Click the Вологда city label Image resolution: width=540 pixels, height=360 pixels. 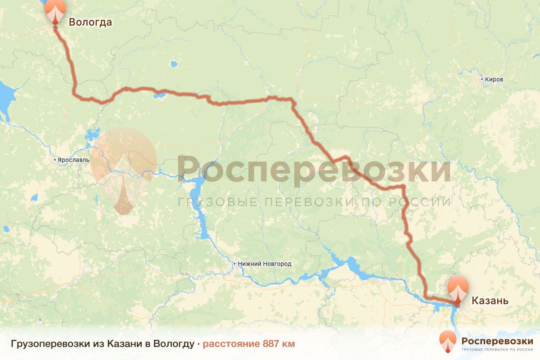[90, 22]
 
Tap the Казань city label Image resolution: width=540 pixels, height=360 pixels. [490, 301]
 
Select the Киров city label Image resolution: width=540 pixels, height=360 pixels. [495, 80]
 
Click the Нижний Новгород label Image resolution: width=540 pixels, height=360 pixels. [265, 264]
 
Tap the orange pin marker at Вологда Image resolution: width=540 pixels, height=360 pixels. [55, 10]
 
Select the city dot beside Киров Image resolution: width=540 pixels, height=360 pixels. [482, 80]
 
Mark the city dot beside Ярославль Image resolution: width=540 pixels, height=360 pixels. [54, 160]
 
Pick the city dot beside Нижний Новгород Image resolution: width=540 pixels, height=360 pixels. [234, 264]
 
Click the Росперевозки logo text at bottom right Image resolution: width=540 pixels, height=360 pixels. [497, 341]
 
